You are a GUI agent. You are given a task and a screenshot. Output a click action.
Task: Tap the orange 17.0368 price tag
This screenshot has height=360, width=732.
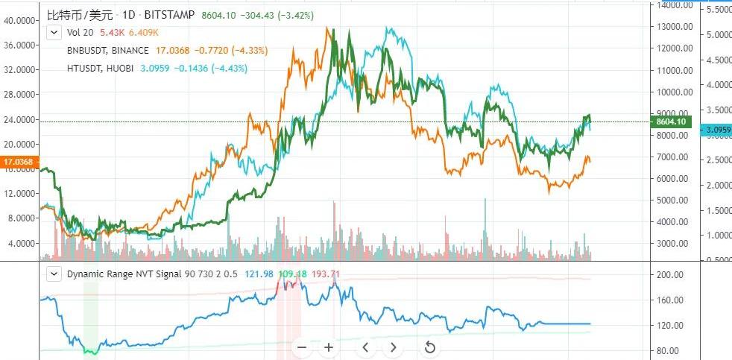18,161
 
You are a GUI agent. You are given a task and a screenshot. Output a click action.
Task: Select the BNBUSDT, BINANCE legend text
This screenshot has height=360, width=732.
107,51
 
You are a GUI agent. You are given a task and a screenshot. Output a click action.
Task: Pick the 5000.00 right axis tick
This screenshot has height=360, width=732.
675,200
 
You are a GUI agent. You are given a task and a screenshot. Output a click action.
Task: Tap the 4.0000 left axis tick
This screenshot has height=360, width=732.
24,243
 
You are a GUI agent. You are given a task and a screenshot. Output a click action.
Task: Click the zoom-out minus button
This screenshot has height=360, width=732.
301,347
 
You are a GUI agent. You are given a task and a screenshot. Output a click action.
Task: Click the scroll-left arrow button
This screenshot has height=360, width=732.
365,347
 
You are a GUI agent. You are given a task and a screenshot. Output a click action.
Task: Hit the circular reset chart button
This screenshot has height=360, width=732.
429,347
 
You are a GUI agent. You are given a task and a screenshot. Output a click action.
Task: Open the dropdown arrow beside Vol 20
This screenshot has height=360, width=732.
54,32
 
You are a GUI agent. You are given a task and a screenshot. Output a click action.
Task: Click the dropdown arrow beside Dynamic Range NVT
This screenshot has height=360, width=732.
54,274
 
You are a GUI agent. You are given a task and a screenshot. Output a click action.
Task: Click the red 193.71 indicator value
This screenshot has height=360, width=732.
325,274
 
